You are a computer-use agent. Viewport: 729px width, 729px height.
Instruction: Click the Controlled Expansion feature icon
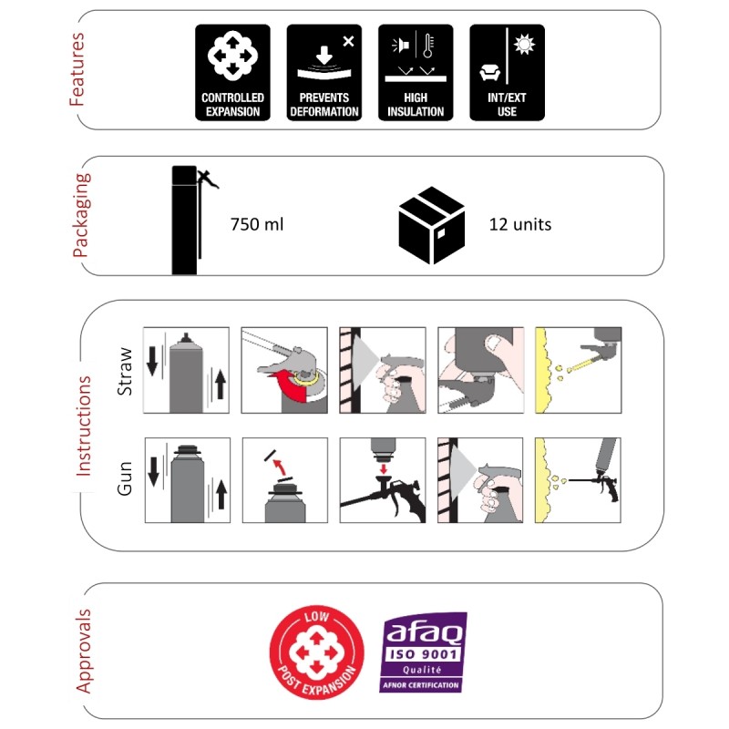pos(232,73)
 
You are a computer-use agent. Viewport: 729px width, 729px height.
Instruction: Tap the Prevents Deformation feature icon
pos(324,73)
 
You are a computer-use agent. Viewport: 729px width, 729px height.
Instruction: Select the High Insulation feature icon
pos(416,73)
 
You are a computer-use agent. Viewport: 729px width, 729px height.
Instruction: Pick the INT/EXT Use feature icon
pos(508,73)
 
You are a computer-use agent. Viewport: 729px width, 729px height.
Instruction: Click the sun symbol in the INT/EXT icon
pos(525,45)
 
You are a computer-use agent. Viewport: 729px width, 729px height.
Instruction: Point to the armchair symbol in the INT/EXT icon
pos(489,73)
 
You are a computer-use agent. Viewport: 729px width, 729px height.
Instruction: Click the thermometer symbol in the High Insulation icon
pos(428,45)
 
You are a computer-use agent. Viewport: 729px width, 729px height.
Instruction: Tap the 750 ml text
pos(257,224)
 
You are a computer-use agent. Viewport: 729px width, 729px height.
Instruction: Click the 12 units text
pos(520,224)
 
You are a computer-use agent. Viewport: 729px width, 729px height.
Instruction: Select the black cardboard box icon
pos(431,225)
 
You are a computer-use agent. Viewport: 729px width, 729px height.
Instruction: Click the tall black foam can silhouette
pos(185,221)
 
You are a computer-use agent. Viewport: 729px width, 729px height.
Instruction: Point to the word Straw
pos(125,372)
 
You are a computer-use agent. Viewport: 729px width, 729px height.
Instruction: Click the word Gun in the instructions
pos(125,478)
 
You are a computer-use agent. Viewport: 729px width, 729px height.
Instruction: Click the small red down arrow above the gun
pos(384,468)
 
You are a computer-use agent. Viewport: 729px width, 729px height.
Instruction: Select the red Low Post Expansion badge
pos(317,652)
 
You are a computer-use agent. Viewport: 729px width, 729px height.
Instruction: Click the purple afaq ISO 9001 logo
pos(423,652)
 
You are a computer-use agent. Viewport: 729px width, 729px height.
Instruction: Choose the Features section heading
pos(77,69)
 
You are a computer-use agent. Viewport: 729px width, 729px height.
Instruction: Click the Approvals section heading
pos(83,651)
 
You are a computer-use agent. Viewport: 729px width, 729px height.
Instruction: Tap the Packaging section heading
pos(81,215)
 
